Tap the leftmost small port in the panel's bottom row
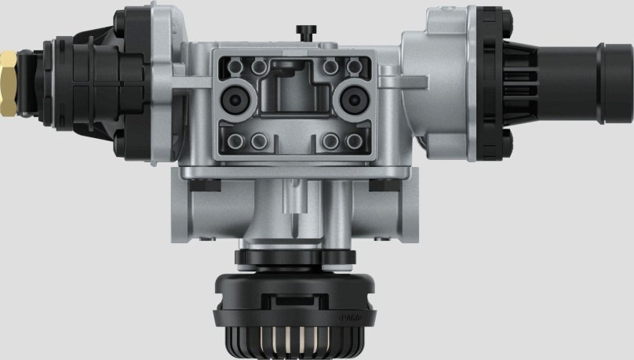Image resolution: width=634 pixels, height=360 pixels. click(235, 141)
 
